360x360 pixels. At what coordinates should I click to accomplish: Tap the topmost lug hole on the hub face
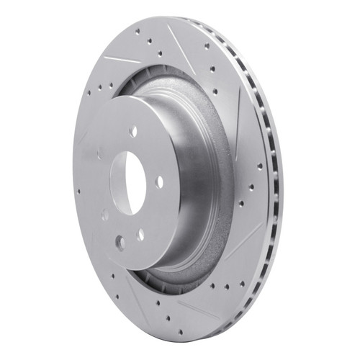133,131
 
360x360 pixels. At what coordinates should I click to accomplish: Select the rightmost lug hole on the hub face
159,181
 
